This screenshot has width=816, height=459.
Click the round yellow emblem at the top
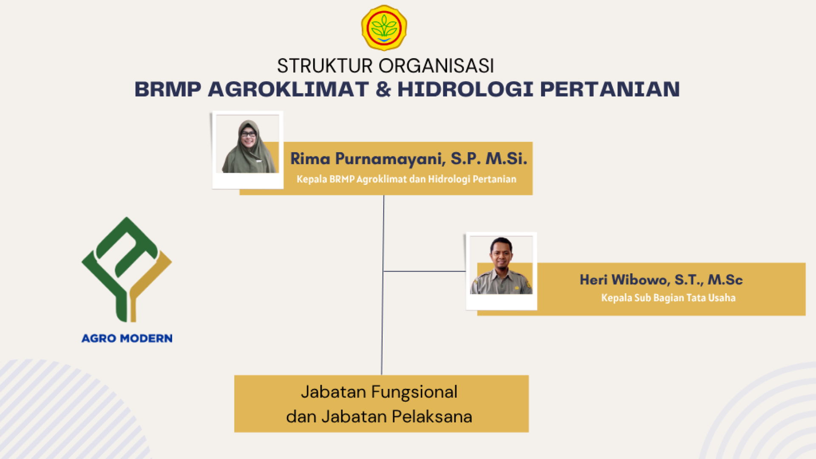[x=384, y=28]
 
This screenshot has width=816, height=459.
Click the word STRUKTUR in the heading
[x=325, y=66]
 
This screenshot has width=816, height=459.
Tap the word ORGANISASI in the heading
[x=436, y=66]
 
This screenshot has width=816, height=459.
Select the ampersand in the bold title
[x=383, y=89]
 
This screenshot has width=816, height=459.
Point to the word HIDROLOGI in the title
[x=465, y=89]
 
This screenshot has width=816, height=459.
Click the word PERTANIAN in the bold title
[x=610, y=89]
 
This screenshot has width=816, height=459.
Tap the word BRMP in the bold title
[x=168, y=89]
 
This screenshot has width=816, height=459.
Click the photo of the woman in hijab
[x=248, y=144]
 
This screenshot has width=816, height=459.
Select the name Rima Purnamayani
[x=367, y=159]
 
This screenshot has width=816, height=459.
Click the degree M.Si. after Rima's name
[x=506, y=158]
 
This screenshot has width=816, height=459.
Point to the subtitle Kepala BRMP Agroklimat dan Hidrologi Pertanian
[x=406, y=179]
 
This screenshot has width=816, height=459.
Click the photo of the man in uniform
[x=501, y=265]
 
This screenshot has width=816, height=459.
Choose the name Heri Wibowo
[x=624, y=280]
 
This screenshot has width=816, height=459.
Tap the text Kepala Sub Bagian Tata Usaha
[x=668, y=298]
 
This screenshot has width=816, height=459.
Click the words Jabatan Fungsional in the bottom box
[x=379, y=392]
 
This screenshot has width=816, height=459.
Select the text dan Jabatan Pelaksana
[x=379, y=416]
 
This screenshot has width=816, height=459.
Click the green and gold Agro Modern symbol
[x=127, y=269]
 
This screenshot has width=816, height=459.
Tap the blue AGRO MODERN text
[x=127, y=338]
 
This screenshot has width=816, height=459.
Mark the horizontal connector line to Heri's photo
[x=425, y=271]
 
